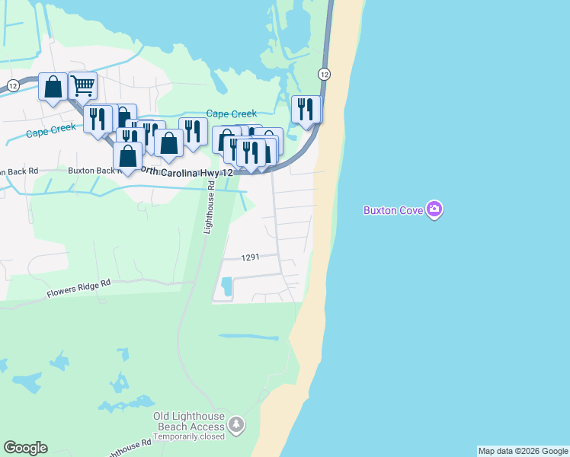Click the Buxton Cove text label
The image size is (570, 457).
point(393,210)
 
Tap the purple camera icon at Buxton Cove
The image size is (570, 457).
point(434,209)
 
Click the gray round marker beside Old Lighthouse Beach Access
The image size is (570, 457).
point(237,423)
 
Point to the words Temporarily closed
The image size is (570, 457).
point(189,437)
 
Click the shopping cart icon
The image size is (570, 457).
point(82,85)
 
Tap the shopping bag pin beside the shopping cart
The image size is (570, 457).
point(53,87)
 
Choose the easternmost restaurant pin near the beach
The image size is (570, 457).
point(306,109)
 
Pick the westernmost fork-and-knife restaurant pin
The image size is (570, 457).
point(98,120)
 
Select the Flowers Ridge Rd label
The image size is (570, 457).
point(78,287)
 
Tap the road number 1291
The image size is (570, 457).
point(251,258)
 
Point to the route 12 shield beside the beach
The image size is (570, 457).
point(325,74)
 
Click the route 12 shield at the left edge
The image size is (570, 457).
point(12,86)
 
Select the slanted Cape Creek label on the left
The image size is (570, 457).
point(51,131)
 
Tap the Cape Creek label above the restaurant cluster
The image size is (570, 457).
point(232,113)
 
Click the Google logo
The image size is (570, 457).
point(25,448)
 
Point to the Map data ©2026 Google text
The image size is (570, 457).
point(523,451)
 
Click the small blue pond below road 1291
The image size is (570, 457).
point(226,287)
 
